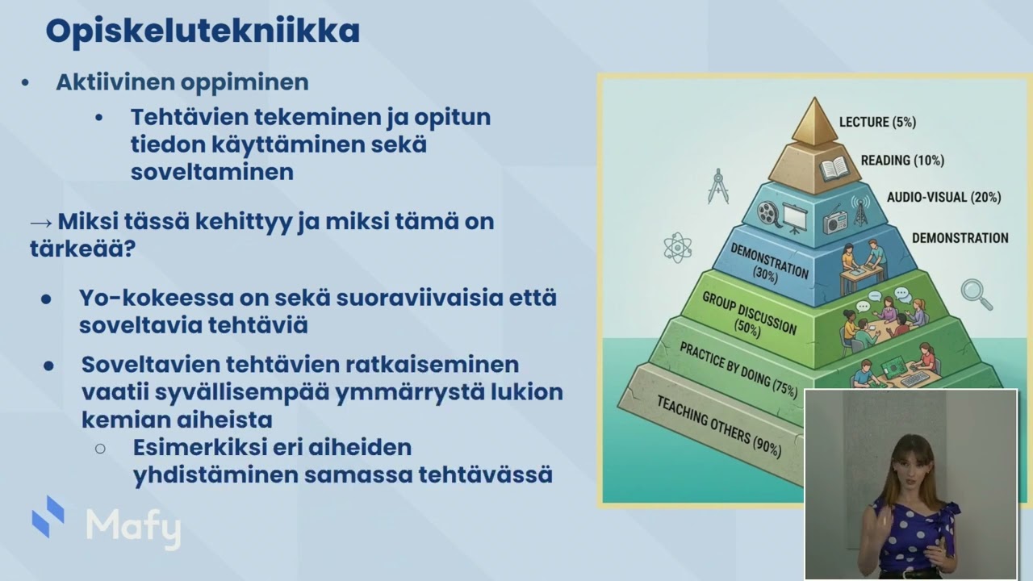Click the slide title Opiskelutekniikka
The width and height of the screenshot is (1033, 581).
point(203,32)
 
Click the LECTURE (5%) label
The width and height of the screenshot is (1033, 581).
point(877,122)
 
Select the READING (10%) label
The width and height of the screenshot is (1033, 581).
point(902,161)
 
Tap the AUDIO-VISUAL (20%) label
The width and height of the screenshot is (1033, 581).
point(944,198)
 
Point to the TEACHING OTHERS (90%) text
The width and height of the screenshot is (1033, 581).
point(719,428)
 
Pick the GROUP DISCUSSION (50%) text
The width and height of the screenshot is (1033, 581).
point(750,315)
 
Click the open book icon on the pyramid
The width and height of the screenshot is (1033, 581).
point(834,169)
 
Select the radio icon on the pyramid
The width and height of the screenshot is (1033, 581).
point(835,222)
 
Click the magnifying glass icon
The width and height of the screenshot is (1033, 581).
point(977,295)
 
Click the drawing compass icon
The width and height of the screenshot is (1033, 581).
point(718,186)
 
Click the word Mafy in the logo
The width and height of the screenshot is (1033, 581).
point(134,529)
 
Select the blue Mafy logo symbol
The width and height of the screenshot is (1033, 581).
point(48,516)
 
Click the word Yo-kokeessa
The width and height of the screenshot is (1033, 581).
point(157,298)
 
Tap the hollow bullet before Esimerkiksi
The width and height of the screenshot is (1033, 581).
point(100,448)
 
